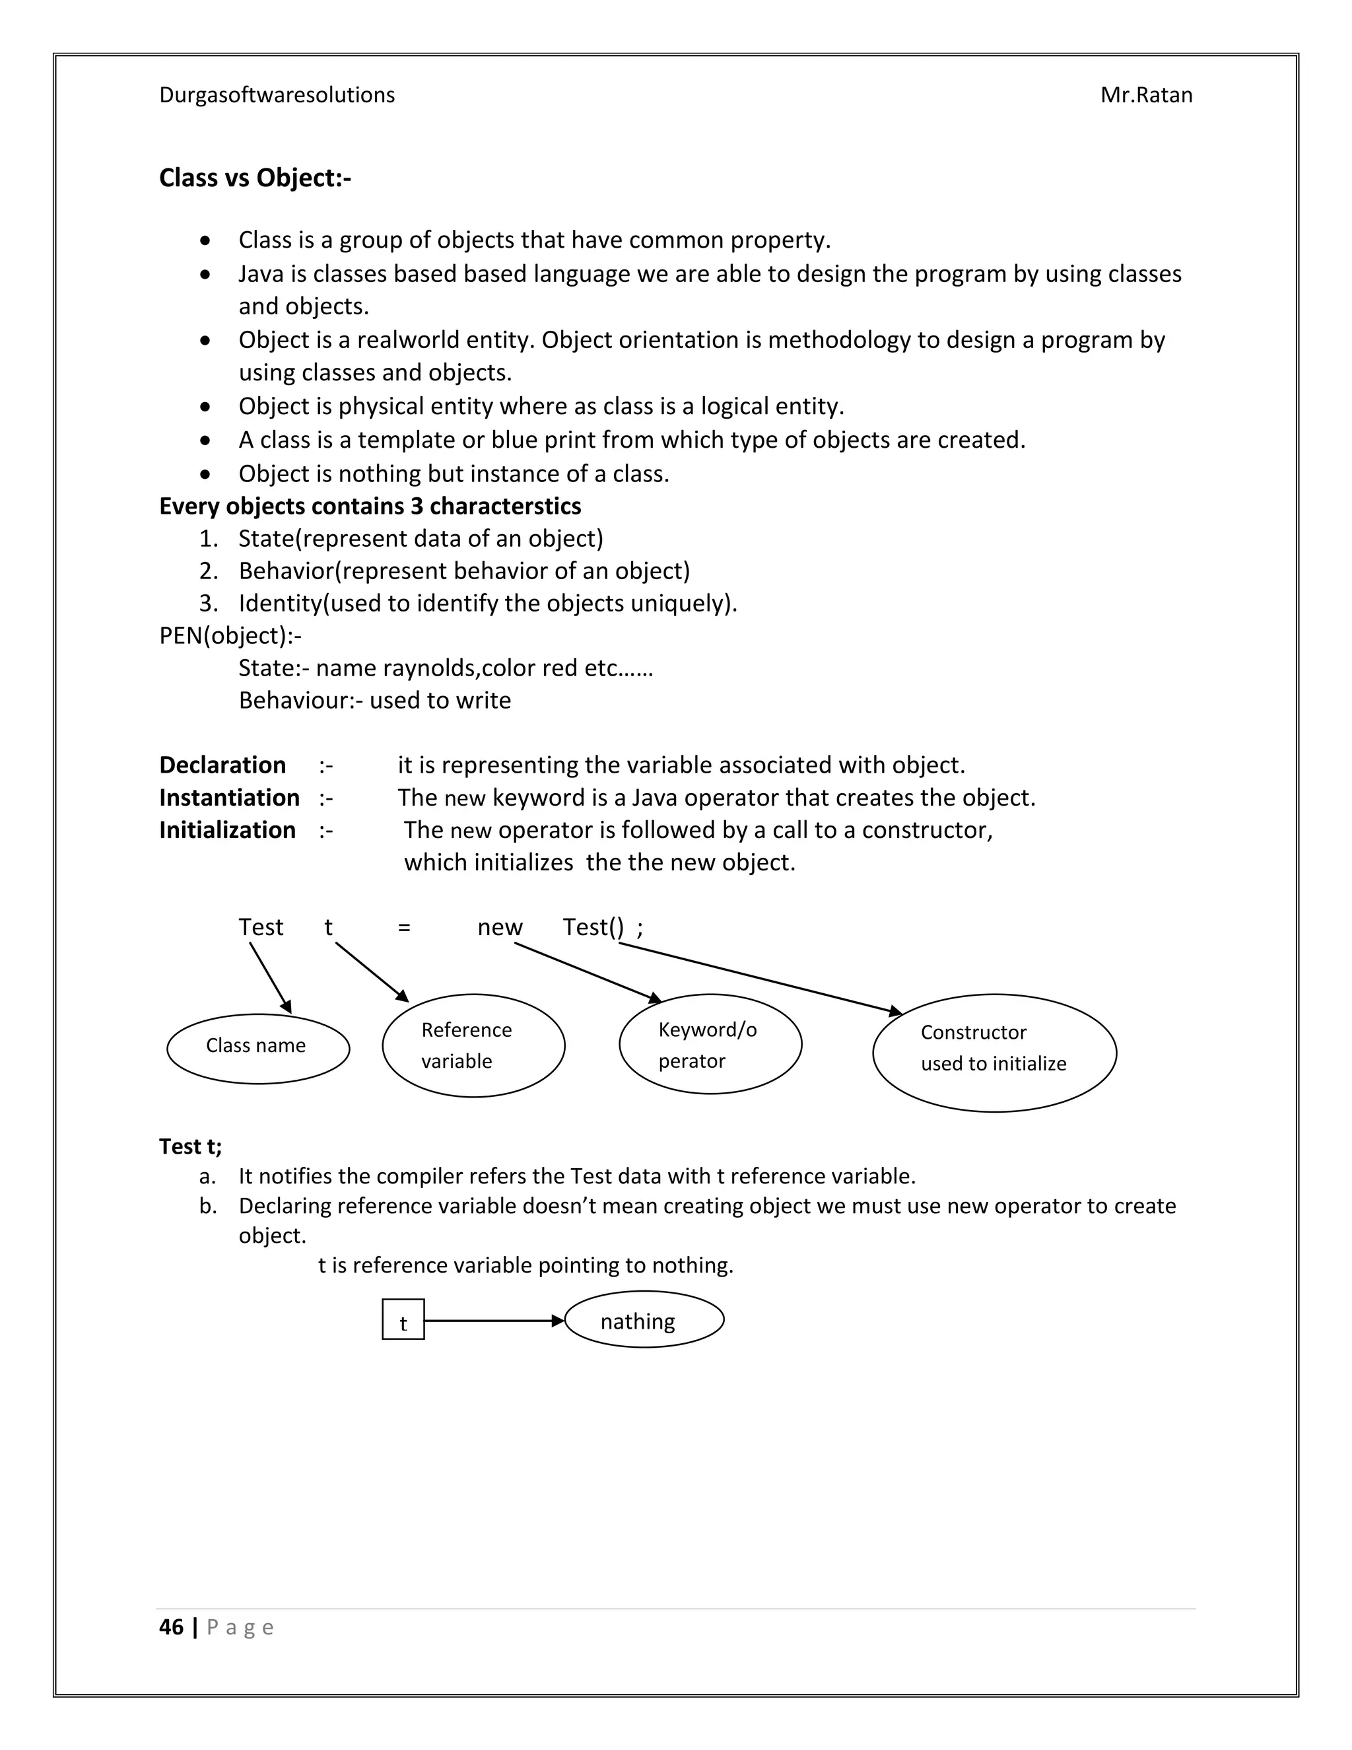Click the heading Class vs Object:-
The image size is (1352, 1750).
255,178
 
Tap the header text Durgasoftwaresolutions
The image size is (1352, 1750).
277,95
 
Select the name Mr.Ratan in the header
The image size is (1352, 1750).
1145,95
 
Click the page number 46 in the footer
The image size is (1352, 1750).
172,1627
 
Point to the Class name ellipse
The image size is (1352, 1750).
258,1048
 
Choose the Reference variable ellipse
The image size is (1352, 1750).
473,1045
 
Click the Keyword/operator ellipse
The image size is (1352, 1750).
710,1045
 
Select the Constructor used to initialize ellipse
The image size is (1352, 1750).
994,1052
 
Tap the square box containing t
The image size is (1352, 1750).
403,1319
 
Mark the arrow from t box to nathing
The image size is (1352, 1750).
492,1321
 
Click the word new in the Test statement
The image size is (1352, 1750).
500,928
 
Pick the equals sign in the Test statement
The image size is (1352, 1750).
403,928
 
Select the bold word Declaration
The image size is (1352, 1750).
222,765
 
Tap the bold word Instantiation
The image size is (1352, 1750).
229,798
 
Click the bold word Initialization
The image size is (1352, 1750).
228,830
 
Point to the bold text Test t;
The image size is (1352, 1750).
191,1146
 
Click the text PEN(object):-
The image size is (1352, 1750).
230,635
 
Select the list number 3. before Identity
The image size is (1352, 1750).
208,604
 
